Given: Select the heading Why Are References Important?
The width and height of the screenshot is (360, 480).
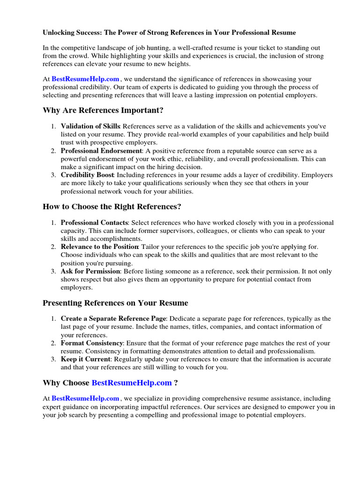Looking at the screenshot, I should (104, 110).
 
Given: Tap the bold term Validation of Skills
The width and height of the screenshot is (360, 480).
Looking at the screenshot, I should (90, 127).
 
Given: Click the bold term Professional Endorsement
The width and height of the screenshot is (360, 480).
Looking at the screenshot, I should (101, 151).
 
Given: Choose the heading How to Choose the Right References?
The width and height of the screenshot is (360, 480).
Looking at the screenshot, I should (112, 206).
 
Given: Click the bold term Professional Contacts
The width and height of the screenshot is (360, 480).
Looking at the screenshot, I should (94, 223).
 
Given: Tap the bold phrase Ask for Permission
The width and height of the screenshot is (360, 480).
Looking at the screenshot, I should (90, 271).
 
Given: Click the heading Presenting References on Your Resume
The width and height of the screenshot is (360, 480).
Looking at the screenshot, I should (115, 303).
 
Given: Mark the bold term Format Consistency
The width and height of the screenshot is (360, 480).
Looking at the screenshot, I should (92, 343).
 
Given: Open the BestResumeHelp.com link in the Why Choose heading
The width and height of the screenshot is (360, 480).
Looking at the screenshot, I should (132, 383).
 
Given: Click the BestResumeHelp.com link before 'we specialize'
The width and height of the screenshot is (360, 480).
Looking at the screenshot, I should (85, 399).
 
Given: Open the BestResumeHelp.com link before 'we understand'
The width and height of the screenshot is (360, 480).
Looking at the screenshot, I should (85, 79).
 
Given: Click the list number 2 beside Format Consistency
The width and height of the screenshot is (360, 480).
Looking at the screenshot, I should (54, 343).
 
